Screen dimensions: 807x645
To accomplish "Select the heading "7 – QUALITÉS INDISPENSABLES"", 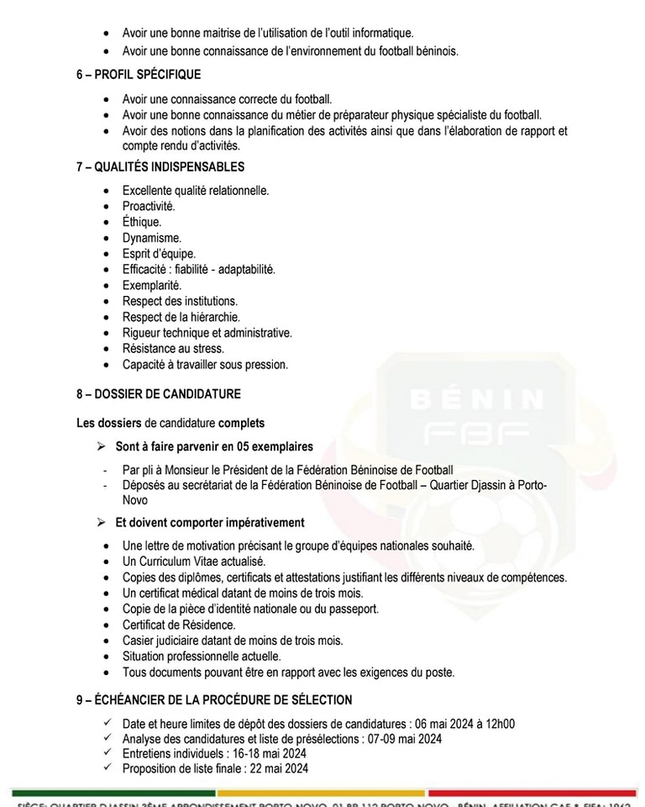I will point(160,166).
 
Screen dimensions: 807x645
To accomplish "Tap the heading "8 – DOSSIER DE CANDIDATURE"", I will point(158,393).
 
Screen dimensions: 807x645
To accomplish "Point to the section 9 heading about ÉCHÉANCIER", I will point(213,699).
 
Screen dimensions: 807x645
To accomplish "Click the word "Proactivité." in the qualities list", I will point(149,206).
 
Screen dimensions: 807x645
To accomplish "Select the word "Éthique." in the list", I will point(141,222).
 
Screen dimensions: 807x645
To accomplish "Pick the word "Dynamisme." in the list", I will point(151,238).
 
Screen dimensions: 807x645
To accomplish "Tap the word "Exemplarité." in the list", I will point(151,286).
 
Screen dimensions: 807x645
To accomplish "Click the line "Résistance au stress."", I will point(173,349).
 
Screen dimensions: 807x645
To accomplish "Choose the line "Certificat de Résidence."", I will point(179,625).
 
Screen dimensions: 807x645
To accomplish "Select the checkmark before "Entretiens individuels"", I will point(107,753).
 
